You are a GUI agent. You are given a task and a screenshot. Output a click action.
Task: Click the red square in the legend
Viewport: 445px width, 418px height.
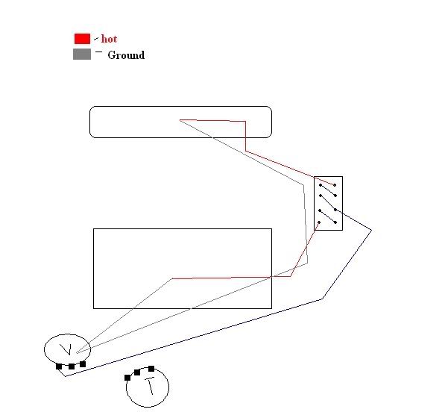pos(82,39)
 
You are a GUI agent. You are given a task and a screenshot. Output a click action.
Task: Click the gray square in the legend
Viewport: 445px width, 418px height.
pos(82,54)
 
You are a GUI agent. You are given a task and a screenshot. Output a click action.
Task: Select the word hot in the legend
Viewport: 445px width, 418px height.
pos(109,39)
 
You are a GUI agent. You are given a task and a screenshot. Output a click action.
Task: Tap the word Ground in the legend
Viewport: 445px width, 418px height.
pos(126,54)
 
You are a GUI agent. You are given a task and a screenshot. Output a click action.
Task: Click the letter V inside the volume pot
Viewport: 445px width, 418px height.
pos(66,349)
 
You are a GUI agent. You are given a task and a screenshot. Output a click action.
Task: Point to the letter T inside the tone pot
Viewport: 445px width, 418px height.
pos(150,386)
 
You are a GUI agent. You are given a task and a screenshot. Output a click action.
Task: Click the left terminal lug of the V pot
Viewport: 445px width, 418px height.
pos(59,366)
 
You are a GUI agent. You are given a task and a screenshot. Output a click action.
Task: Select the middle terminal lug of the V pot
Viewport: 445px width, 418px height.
pos(72,366)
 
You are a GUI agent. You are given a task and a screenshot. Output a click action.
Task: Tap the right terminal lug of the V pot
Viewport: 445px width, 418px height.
pos(83,364)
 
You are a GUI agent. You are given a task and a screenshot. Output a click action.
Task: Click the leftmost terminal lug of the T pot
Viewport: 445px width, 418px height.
pos(127,378)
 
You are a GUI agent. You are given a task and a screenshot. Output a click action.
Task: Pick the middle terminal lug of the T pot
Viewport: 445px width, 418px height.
pos(137,372)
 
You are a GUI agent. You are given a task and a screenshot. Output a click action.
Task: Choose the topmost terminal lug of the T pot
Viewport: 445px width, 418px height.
pos(151,369)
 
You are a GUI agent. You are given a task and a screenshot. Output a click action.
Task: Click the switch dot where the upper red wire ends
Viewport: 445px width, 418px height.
pos(335,185)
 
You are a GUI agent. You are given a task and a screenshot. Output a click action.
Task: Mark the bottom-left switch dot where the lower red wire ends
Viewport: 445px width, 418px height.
pos(319,222)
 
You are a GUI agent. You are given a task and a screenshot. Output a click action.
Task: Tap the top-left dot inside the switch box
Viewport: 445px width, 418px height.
pos(321,185)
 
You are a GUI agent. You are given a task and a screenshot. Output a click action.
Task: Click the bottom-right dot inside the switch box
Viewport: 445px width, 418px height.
pos(335,222)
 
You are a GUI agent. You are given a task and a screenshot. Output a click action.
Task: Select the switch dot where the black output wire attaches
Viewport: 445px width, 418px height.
pos(335,210)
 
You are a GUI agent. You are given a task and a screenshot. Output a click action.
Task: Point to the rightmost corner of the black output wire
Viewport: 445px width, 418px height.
pos(371,231)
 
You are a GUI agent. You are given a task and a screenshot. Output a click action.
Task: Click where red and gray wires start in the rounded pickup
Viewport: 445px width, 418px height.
pos(180,120)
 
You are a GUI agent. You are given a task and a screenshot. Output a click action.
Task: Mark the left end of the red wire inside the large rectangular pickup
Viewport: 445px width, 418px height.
pos(172,278)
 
